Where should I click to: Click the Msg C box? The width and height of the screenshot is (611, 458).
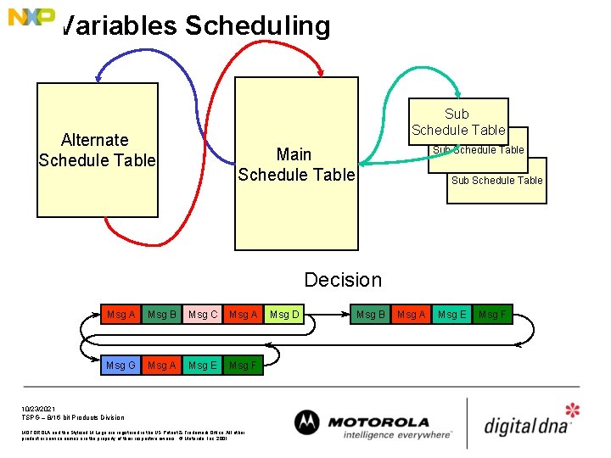pyautogui.click(x=203, y=315)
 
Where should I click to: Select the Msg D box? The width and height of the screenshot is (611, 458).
pyautogui.click(x=284, y=315)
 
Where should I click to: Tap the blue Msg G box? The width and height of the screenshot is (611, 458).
pyautogui.click(x=121, y=366)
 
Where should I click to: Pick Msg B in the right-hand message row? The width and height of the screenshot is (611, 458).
pyautogui.click(x=371, y=315)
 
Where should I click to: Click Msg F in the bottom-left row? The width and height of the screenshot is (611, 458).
pyautogui.click(x=243, y=366)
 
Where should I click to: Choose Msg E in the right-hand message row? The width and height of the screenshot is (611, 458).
pyautogui.click(x=451, y=315)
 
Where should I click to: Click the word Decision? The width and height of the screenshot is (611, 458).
pyautogui.click(x=343, y=280)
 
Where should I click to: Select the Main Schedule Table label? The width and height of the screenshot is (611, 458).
pyautogui.click(x=295, y=165)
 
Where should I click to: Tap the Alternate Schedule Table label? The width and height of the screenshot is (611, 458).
pyautogui.click(x=97, y=150)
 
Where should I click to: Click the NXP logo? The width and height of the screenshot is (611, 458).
pyautogui.click(x=31, y=16)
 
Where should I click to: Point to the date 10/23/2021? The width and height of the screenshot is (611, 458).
pyautogui.click(x=38, y=408)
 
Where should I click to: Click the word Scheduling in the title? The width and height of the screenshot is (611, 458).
pyautogui.click(x=257, y=25)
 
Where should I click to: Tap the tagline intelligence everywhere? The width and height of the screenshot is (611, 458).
pyautogui.click(x=397, y=435)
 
